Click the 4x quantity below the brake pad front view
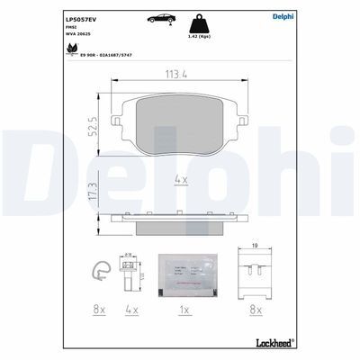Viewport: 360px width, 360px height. point(179,179)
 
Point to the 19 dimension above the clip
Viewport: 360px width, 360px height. point(256,245)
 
